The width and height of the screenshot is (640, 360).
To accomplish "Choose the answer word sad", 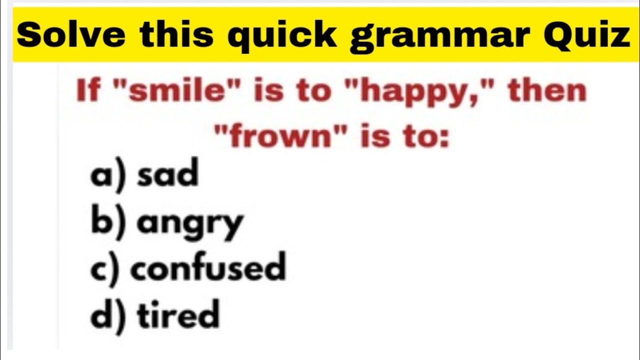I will click(167, 174).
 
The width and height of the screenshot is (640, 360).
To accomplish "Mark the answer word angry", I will click(190, 222).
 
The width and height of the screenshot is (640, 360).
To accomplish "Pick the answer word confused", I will click(208, 267).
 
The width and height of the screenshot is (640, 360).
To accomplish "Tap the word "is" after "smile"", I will click(270, 91).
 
